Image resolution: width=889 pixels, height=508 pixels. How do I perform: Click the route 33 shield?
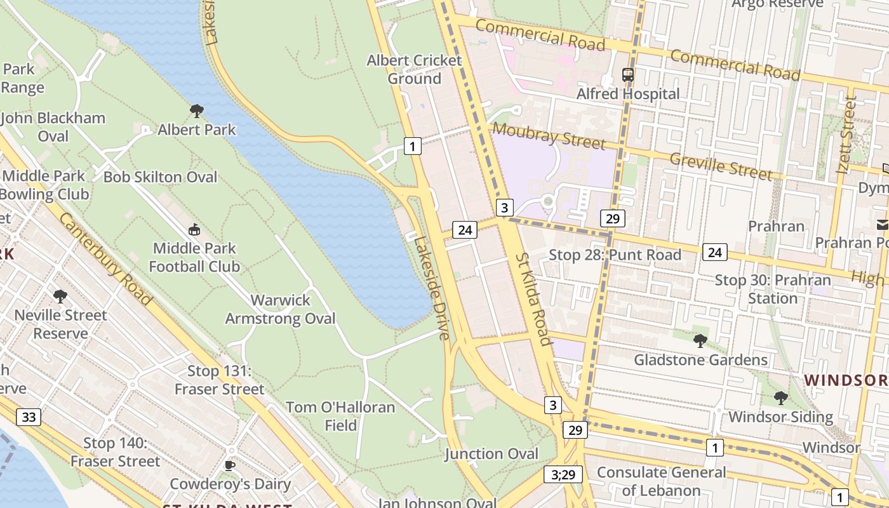29,417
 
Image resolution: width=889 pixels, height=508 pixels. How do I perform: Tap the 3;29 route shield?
563,474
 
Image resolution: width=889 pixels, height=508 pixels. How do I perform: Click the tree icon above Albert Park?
197,111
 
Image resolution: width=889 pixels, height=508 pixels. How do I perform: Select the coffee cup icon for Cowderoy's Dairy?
230,465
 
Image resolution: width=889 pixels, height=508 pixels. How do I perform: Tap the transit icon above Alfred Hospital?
628,75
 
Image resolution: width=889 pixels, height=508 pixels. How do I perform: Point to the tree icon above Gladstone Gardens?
700,341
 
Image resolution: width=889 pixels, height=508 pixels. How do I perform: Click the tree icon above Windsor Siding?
780,398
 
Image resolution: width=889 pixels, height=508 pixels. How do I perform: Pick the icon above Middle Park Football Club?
194,229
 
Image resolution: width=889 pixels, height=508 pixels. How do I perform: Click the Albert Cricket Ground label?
415,69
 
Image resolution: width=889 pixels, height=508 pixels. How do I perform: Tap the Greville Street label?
721,167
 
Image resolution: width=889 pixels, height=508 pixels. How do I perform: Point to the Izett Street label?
846,135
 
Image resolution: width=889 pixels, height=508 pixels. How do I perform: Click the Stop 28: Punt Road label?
615,255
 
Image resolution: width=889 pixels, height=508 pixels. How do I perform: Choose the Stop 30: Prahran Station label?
773,289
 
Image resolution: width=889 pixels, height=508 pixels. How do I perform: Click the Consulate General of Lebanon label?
661,481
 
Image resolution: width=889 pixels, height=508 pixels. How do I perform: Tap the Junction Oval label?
491,454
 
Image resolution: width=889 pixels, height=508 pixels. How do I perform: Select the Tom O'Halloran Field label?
340,416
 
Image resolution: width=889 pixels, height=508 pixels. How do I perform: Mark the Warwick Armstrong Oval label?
280,309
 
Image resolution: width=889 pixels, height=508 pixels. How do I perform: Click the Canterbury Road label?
105,258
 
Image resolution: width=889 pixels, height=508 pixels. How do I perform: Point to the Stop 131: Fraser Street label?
219,380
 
